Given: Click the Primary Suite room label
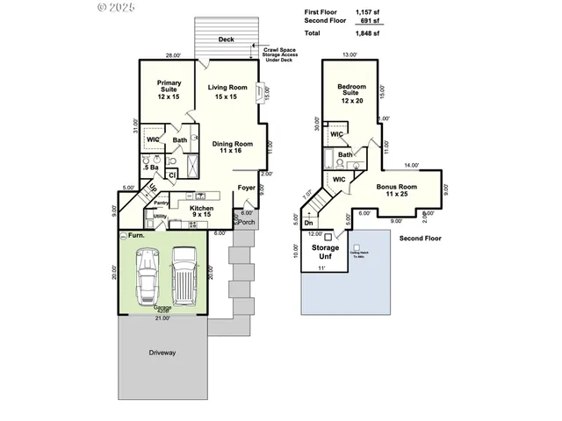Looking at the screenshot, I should pos(169,89).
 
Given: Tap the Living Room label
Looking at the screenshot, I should pos(228,92).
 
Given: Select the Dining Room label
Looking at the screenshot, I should pos(232,146).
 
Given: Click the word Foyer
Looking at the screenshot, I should pos(248,186).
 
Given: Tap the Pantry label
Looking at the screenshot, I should pos(161,203).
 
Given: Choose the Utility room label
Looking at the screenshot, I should pos(160,216).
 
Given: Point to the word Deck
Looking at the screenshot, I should pos(227,39).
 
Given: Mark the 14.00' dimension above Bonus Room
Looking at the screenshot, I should pos(411,165).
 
